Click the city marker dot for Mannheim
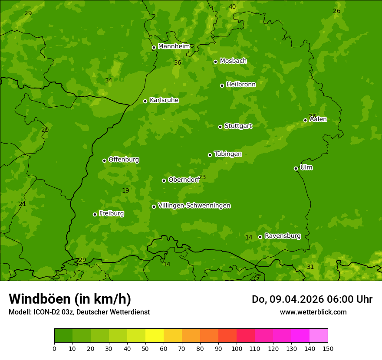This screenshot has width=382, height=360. pyautogui.click(x=154, y=48)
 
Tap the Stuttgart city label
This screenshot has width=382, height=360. pyautogui.click(x=238, y=126)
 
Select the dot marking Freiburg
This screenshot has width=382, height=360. pyautogui.click(x=95, y=214)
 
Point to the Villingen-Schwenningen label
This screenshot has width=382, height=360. pyautogui.click(x=194, y=206)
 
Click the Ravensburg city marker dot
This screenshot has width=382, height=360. pyautogui.click(x=260, y=237)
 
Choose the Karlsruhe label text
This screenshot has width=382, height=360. pyautogui.click(x=164, y=100)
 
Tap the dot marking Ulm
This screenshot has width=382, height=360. pyautogui.click(x=296, y=168)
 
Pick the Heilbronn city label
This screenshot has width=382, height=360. pyautogui.click(x=241, y=85)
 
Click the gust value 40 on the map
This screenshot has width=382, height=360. pyautogui.click(x=232, y=7)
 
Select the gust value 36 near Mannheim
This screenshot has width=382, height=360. pyautogui.click(x=178, y=63)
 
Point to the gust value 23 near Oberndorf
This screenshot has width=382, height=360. pyautogui.click(x=202, y=177)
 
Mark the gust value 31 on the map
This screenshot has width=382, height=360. pyautogui.click(x=310, y=267)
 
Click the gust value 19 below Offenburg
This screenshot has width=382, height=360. pyautogui.click(x=125, y=191)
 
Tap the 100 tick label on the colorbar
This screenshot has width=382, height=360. pyautogui.click(x=237, y=348)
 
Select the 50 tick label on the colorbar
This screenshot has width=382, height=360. pyautogui.click(x=145, y=348)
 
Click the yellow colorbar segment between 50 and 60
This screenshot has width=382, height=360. pyautogui.click(x=155, y=336)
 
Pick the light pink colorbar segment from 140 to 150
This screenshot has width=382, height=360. pyautogui.click(x=319, y=336)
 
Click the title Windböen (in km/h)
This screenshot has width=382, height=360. pyautogui.click(x=70, y=299)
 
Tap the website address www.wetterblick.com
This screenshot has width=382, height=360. pyautogui.click(x=313, y=312)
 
